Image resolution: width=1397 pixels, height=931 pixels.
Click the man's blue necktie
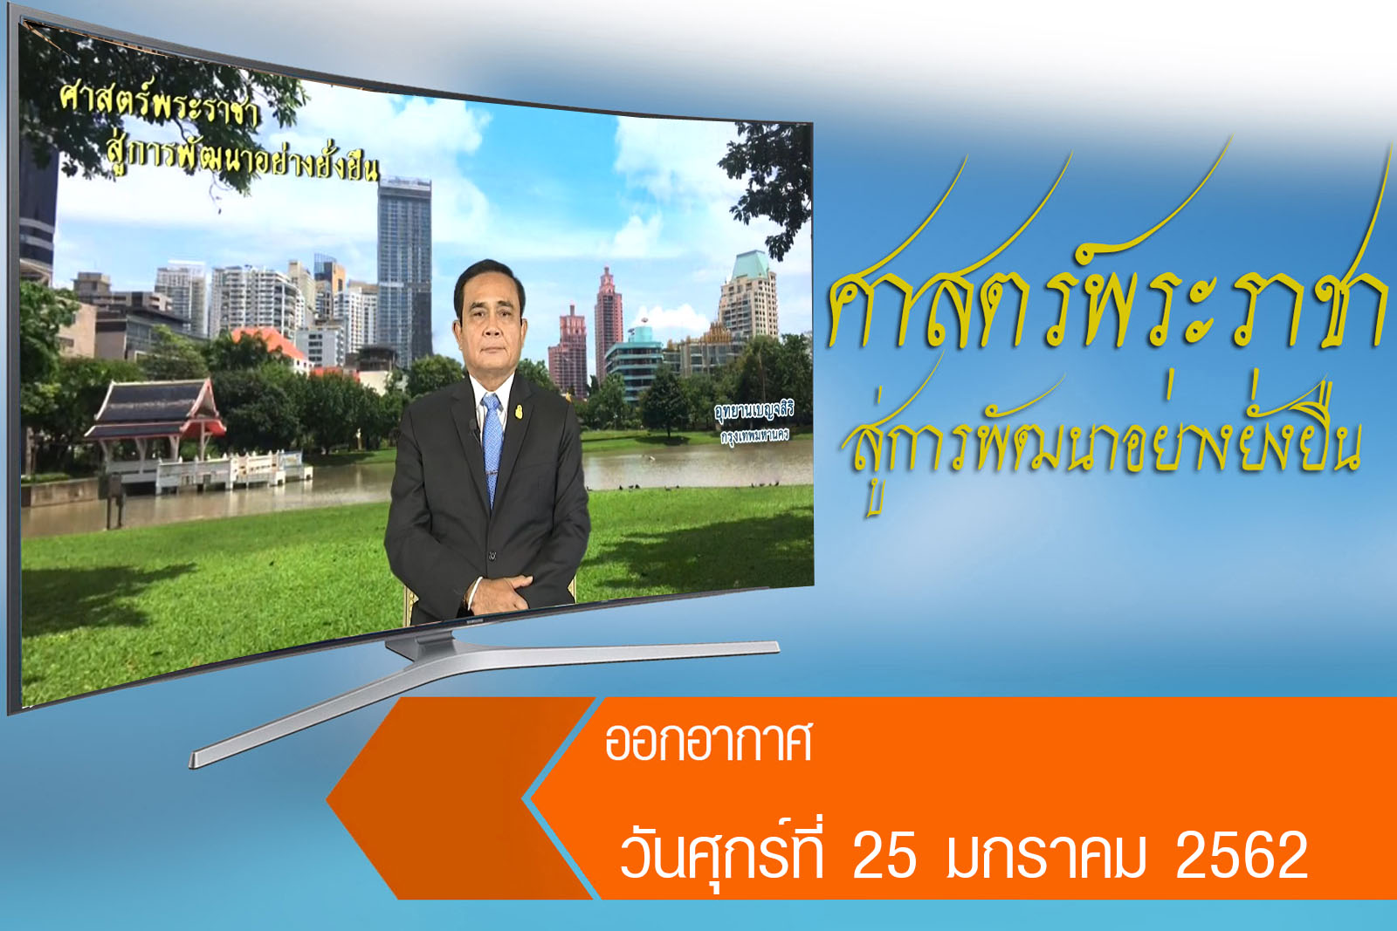point(492,446)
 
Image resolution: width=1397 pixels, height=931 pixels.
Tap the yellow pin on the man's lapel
point(519,411)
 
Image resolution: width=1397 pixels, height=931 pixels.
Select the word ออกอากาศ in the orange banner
point(708,743)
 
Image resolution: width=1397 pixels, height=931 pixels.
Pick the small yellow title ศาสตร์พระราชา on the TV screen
point(160,106)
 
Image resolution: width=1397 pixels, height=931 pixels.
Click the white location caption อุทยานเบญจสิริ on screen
point(754,411)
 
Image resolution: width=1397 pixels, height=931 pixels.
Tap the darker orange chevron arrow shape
point(458,798)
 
